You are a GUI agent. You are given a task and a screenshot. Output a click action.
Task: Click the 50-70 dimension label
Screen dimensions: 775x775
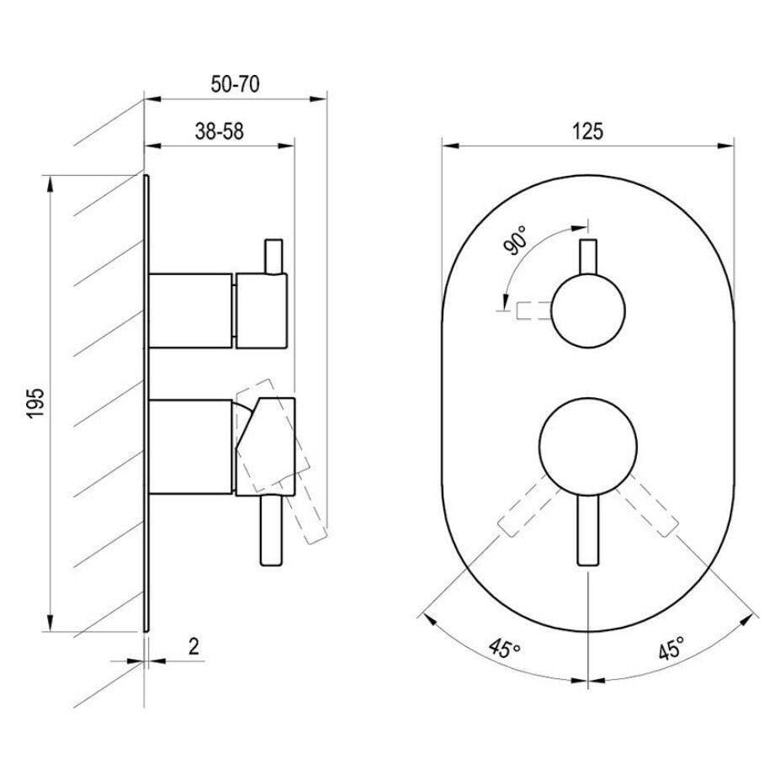pos(235,84)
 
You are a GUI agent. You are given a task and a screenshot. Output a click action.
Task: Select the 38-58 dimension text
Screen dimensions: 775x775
pos(219,131)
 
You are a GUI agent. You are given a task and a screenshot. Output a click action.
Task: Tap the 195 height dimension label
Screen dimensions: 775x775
pos(35,403)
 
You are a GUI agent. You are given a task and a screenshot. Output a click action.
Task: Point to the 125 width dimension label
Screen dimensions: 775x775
pos(587,131)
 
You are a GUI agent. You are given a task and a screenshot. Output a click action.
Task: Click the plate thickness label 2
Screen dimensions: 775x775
pos(194,646)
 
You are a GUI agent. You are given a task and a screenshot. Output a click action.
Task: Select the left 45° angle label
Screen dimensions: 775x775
pos(504,648)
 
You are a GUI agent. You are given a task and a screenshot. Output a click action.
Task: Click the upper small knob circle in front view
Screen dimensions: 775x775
pos(588,311)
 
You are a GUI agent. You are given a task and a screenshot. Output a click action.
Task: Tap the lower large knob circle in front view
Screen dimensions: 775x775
pos(588,447)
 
